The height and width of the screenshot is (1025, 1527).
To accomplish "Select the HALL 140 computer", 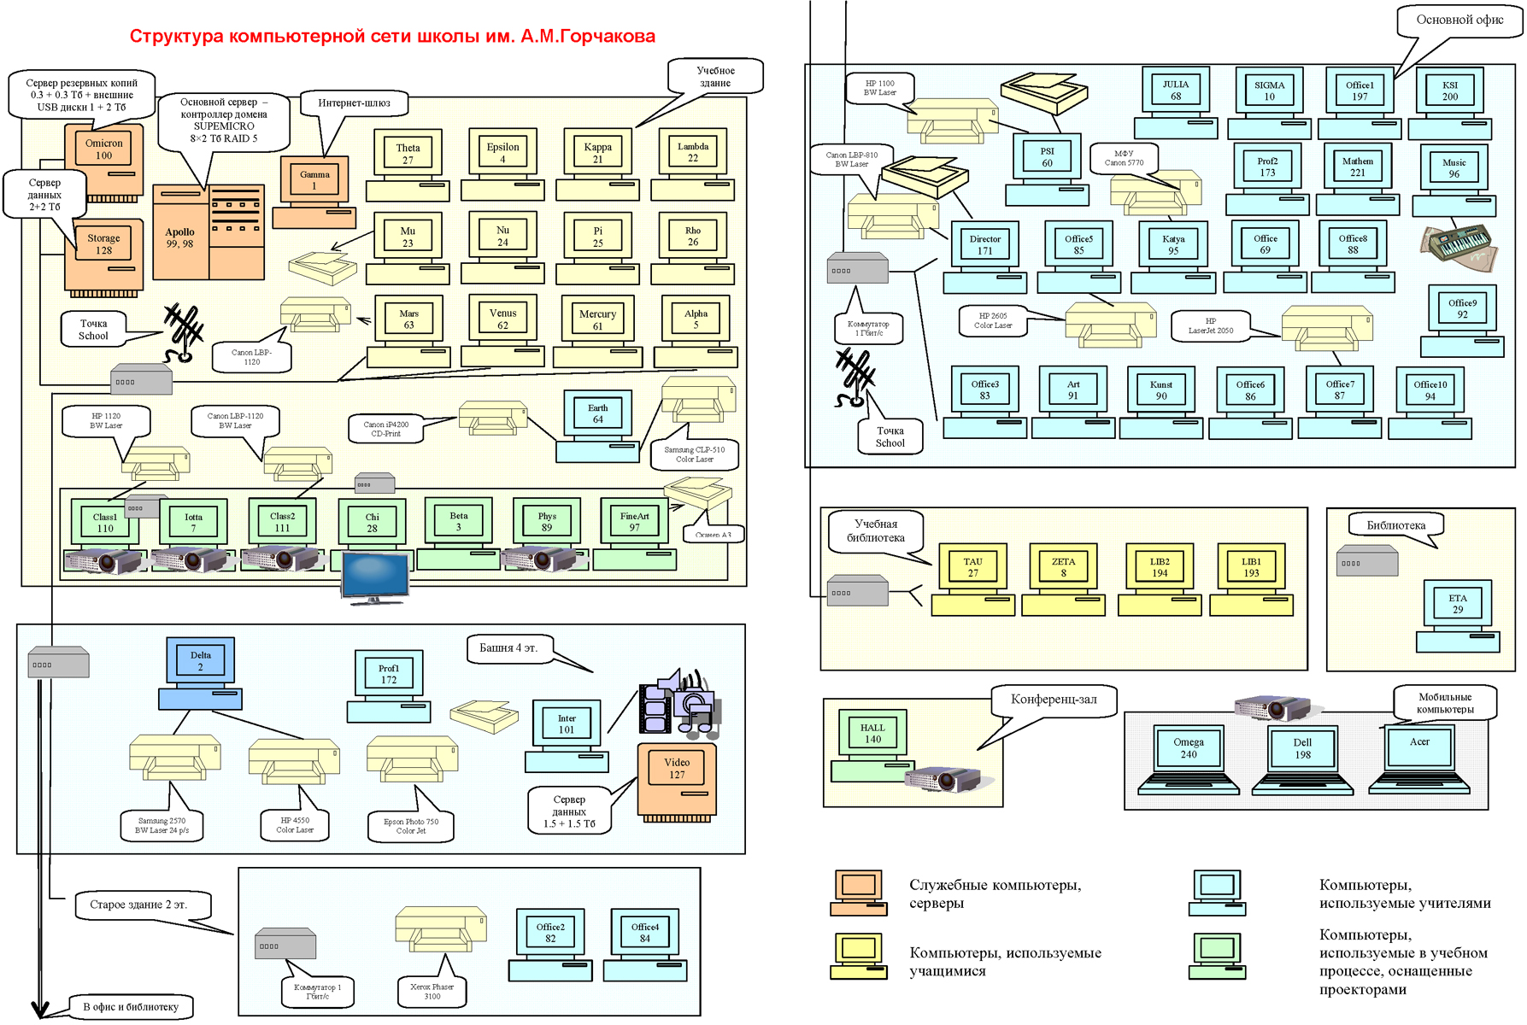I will (x=872, y=744).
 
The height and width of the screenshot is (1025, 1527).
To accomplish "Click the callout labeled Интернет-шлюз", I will (x=354, y=103).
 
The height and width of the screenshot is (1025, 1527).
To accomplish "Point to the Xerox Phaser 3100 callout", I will (x=432, y=991).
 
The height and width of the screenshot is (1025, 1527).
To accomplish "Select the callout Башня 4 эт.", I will (x=508, y=648).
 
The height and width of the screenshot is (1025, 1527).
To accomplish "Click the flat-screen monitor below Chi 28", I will (x=374, y=577).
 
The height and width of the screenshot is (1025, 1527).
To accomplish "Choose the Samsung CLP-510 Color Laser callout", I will (x=694, y=454).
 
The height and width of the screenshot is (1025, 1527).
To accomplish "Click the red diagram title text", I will (x=392, y=37).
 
